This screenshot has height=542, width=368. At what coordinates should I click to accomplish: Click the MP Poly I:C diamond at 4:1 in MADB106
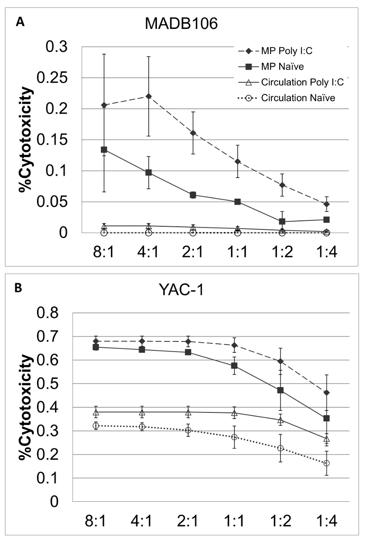pos(148,96)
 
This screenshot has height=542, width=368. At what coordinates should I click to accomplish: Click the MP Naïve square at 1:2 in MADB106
pos(282,221)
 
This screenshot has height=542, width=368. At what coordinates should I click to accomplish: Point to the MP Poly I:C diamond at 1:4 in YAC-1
pos(326,392)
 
